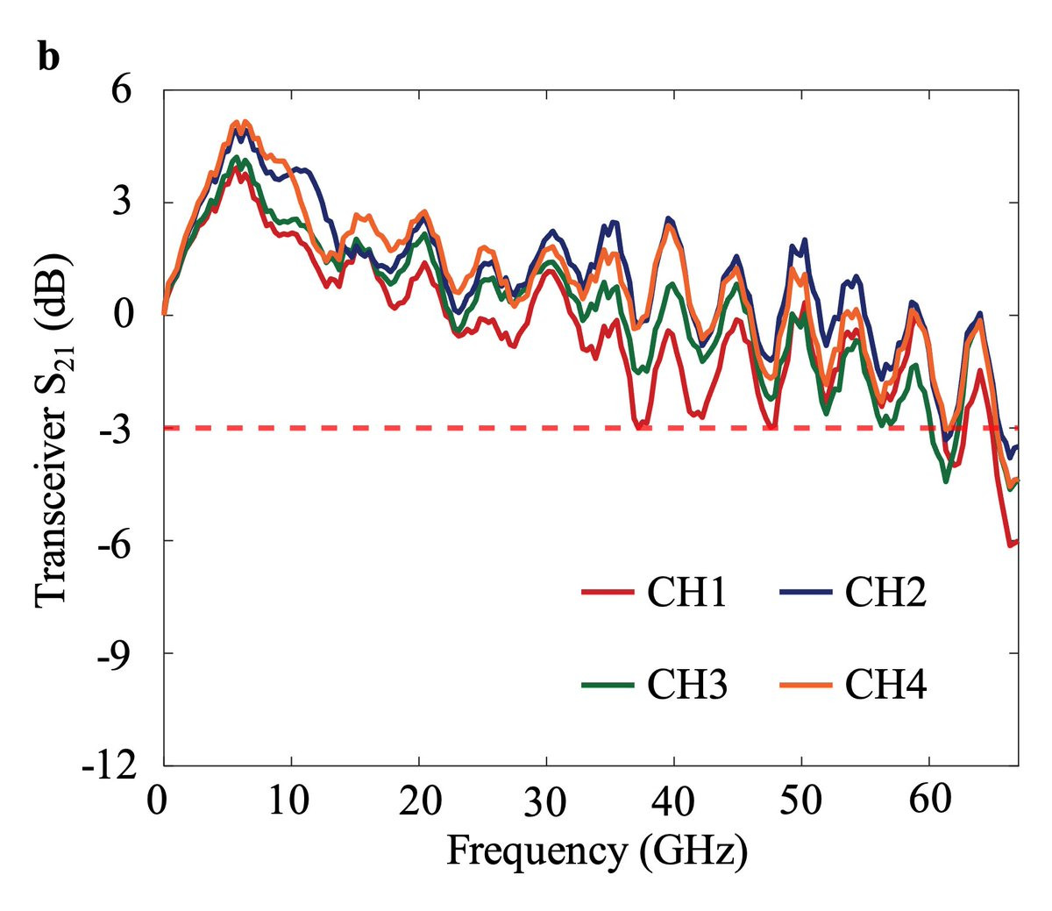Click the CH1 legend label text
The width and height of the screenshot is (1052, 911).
point(686,594)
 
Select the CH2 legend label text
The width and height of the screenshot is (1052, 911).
point(885,594)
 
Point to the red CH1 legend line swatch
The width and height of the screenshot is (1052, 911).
point(607,594)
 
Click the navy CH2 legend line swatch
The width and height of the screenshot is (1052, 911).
point(805,594)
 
